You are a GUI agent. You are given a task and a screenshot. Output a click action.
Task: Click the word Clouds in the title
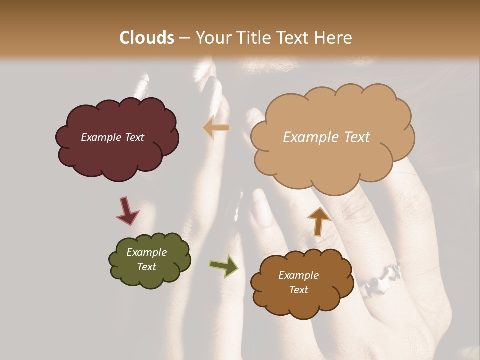click(147, 38)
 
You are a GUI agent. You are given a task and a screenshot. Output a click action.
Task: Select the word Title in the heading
click(252, 38)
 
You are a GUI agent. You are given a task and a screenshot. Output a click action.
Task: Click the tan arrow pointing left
click(216, 128)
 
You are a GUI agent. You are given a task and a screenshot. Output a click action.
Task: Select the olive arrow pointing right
click(224, 265)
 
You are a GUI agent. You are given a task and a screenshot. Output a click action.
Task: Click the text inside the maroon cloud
click(112, 137)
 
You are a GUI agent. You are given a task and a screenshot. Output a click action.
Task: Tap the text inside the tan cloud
click(326, 137)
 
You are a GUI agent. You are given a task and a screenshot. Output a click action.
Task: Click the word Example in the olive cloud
click(146, 252)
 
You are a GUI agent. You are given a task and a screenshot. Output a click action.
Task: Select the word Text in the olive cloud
click(146, 267)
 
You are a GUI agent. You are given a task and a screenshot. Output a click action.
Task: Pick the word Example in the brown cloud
click(298, 275)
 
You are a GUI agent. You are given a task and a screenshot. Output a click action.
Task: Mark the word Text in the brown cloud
click(298, 290)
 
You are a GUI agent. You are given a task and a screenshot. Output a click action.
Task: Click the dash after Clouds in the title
click(184, 38)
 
